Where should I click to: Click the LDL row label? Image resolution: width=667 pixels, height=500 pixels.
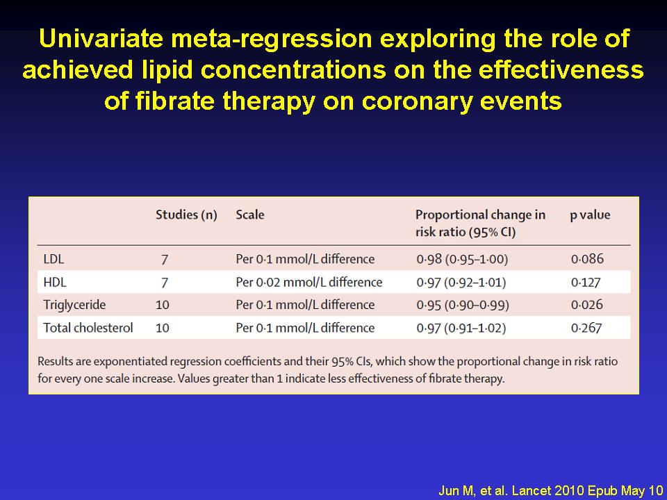(53, 259)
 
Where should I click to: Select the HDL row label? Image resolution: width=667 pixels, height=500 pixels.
(55, 283)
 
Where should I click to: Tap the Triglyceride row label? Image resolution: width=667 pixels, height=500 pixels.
(74, 306)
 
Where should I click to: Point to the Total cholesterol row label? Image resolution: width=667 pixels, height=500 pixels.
(88, 328)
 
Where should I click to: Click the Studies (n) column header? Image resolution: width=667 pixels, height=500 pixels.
(186, 215)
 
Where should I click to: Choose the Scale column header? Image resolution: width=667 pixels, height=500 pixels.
(250, 215)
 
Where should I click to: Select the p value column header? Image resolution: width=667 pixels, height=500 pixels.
(590, 215)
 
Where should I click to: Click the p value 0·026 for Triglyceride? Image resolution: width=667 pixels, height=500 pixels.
(587, 305)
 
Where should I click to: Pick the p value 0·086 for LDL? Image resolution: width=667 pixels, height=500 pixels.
(588, 259)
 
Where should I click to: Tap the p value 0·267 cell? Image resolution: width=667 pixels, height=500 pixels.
(586, 328)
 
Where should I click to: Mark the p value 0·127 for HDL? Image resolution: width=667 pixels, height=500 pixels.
(586, 283)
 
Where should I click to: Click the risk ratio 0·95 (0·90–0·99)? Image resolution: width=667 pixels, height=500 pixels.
(463, 306)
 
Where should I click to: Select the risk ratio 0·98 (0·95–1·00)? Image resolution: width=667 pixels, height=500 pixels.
(463, 259)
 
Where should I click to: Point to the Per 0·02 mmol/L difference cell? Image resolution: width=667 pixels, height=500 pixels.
(309, 283)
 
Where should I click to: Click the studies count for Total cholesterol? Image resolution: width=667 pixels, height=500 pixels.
(163, 328)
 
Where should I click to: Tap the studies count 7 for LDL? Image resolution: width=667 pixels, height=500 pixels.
(165, 259)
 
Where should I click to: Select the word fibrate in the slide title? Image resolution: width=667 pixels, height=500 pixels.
(175, 101)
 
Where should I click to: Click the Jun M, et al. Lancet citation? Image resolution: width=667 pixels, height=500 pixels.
(550, 491)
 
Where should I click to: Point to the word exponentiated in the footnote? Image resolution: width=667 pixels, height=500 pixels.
(131, 362)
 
